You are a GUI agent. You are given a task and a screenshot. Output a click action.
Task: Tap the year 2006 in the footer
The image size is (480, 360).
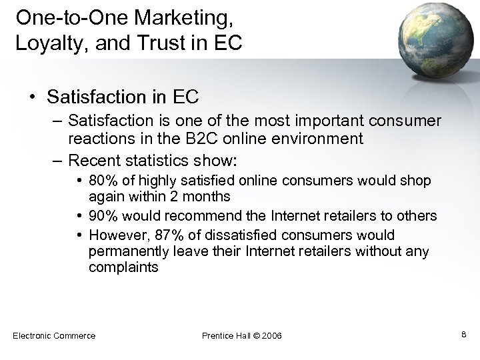269,335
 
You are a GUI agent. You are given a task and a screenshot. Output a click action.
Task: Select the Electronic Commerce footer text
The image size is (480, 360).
54,335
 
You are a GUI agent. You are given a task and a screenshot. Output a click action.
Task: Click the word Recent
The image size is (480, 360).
93,161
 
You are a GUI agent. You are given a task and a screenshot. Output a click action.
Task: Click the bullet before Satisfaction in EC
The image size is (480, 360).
33,98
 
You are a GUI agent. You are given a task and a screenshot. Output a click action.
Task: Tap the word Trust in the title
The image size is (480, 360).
165,43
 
